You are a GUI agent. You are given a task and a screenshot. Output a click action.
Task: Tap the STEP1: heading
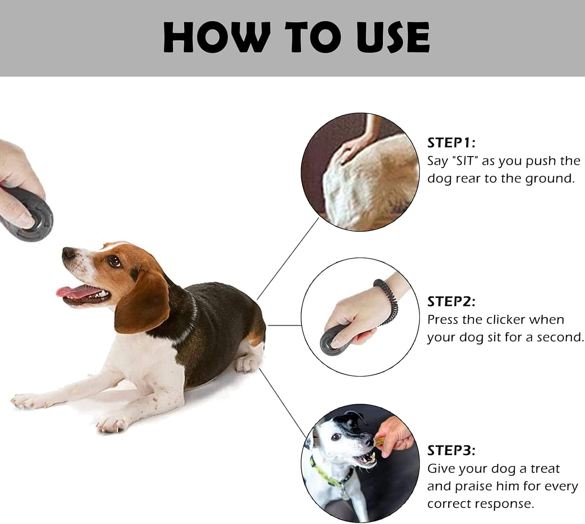(451, 143)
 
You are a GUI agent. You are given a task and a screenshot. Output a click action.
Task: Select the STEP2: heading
(451, 302)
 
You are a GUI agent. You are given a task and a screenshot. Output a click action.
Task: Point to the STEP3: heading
(451, 451)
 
